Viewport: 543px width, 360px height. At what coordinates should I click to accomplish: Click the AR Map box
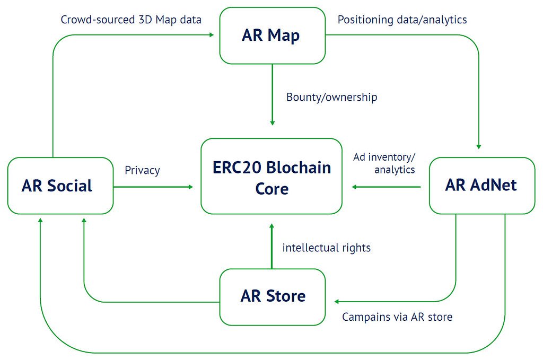tap(272, 36)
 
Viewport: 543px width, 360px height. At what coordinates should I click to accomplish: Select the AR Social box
tap(60, 186)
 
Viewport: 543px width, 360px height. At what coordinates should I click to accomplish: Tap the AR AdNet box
tap(482, 186)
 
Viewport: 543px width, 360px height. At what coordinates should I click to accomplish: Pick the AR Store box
tap(273, 297)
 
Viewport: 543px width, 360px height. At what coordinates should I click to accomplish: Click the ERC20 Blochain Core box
tap(271, 176)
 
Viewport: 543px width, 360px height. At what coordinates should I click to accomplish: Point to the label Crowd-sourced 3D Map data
tap(131, 20)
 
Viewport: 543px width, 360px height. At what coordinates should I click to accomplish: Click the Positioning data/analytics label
tap(402, 20)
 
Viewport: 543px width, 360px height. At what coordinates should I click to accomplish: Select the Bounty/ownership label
tap(332, 97)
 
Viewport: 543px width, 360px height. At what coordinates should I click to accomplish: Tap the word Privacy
tap(142, 170)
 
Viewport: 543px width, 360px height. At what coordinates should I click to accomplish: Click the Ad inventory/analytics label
tap(384, 163)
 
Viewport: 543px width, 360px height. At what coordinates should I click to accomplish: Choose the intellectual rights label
tap(327, 248)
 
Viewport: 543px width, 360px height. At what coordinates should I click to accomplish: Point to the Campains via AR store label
tap(397, 317)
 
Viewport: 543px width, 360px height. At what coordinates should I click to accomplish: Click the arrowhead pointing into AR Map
tap(212, 34)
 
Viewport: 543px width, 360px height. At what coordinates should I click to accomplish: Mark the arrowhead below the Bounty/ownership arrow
tap(272, 123)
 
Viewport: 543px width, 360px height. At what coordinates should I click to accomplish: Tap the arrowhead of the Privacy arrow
tap(190, 187)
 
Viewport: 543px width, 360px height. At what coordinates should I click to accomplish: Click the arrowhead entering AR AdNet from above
tap(479, 147)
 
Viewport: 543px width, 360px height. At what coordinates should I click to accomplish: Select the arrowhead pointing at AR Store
tap(337, 302)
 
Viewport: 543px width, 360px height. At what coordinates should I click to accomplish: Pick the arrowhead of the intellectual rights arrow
tap(271, 226)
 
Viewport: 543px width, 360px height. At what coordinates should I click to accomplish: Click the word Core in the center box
tap(272, 189)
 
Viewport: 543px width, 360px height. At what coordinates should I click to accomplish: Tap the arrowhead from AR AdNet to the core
tap(354, 187)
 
